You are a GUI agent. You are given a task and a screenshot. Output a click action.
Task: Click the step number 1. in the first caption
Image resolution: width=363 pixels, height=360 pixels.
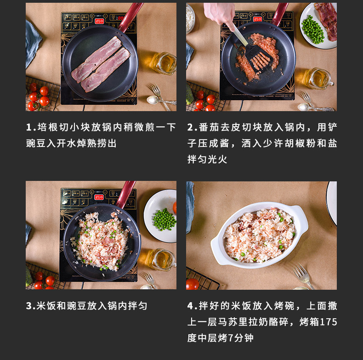pos(31,128)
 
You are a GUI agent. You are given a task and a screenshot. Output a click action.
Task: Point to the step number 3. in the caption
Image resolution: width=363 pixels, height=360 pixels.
pos(31,306)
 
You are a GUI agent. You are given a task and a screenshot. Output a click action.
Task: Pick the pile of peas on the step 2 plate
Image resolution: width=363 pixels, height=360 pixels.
pos(312,29)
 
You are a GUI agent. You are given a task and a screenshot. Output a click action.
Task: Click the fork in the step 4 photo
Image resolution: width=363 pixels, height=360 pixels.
pos(303,276)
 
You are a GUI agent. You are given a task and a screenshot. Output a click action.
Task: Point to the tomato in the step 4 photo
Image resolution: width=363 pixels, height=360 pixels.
pos(193,284)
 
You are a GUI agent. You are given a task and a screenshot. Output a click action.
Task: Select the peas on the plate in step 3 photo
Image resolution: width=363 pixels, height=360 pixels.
pos(164,219)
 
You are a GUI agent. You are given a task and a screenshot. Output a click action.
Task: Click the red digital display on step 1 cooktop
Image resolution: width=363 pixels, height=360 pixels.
pos(120,18)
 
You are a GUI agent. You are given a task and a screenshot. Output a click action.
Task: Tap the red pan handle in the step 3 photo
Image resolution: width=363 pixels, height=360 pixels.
pos(126,194)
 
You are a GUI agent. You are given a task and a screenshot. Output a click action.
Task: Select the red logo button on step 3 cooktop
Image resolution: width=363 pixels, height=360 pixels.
pos(99,197)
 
